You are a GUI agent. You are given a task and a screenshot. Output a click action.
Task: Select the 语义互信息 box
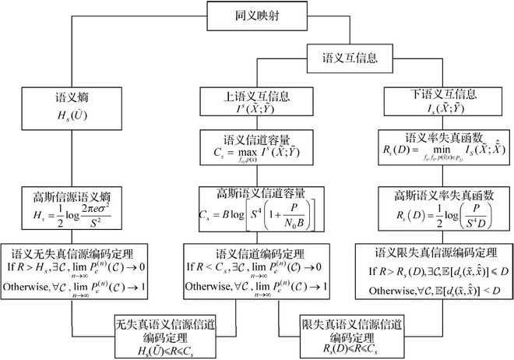(350, 58)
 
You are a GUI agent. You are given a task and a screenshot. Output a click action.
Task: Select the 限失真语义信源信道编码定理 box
(341, 333)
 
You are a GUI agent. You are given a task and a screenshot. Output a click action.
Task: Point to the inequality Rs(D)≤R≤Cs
(341, 347)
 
